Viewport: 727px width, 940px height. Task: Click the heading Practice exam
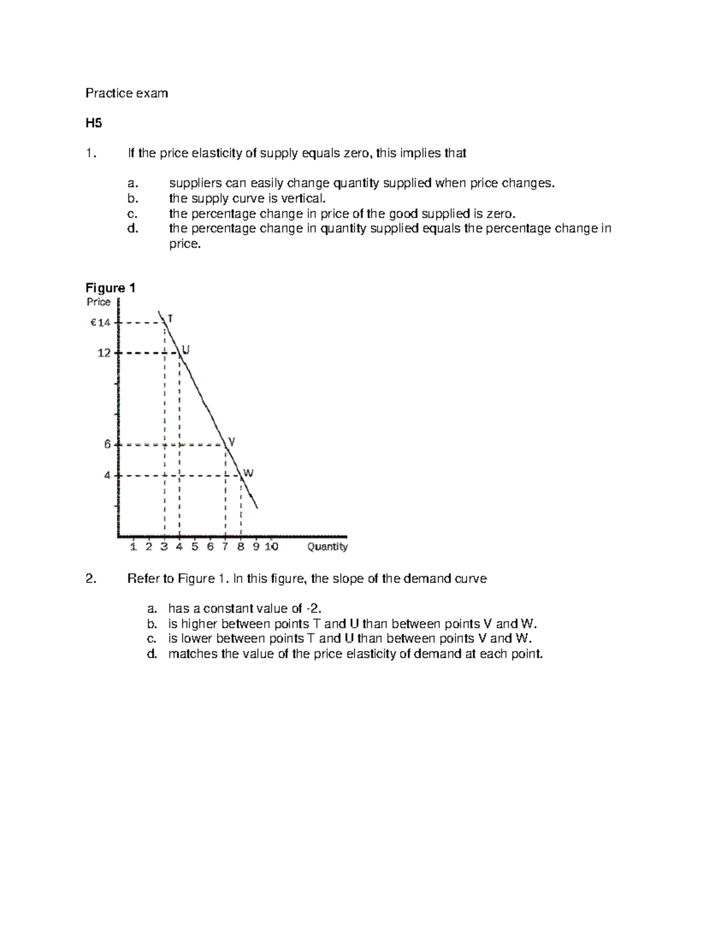pos(126,93)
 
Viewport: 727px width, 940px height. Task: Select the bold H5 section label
pos(93,123)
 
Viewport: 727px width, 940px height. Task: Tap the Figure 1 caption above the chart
pos(110,288)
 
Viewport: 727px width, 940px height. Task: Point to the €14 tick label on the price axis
pos(101,323)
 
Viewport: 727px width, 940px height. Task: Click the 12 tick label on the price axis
pos(104,353)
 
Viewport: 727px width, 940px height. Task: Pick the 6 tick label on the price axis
pos(107,444)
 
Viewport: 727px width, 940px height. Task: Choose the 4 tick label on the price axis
pos(107,475)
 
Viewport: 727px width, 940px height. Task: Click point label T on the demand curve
pos(170,318)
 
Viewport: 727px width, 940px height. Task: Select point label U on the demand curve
pos(186,350)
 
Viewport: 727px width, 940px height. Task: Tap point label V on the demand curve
pos(231,442)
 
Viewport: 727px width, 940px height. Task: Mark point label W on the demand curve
pos(248,473)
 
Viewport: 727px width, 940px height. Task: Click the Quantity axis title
pos(327,547)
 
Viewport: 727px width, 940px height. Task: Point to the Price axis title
pos(98,302)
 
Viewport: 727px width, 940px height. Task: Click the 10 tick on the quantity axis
pos(271,547)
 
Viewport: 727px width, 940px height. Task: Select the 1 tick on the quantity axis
pos(133,547)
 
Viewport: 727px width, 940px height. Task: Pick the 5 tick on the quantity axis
pos(194,547)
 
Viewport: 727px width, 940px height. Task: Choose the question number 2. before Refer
pos(91,579)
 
